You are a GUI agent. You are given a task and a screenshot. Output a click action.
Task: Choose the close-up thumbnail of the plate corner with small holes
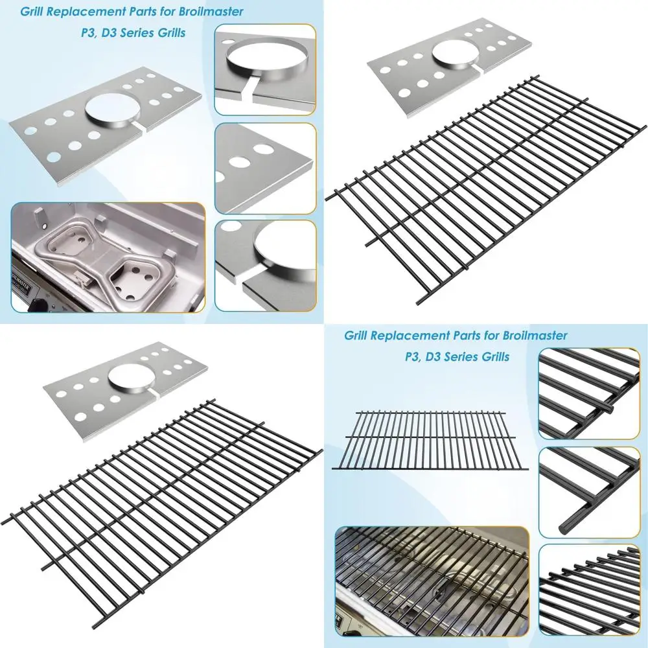(265, 167)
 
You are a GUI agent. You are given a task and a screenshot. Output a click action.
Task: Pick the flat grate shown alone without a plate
(430, 439)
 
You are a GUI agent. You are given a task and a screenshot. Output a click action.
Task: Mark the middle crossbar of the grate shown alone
(430, 438)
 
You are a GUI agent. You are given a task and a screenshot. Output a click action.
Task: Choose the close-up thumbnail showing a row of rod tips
(589, 589)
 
